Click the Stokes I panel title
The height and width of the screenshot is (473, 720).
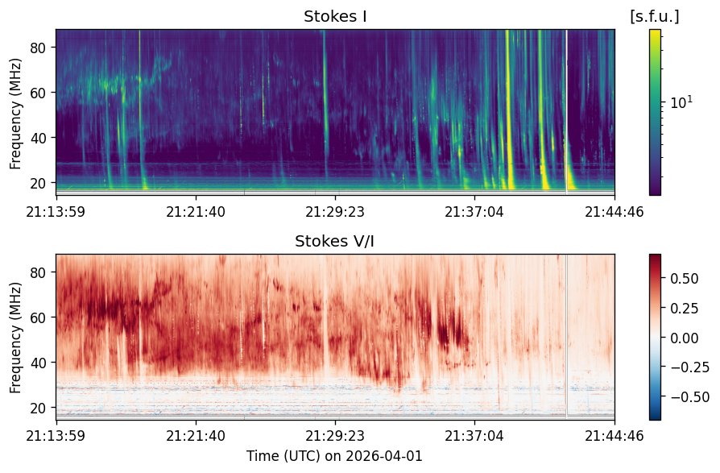pos(335,17)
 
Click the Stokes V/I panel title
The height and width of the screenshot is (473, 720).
pos(334,242)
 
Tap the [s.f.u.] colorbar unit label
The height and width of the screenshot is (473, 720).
pos(654,17)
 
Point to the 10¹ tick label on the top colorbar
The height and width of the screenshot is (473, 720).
pos(681,102)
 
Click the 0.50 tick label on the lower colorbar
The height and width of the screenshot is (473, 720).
pos(685,279)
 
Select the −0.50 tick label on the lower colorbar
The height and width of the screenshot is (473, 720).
pos(690,396)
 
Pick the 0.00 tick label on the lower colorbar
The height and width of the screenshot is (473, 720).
pos(685,338)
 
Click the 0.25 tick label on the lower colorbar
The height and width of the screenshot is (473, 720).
pos(685,308)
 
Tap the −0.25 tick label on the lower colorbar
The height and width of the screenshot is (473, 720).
pos(690,367)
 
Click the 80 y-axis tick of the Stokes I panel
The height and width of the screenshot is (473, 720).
pos(38,48)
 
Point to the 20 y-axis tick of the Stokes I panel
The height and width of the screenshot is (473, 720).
pos(38,183)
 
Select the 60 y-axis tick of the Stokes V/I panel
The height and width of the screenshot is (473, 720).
pos(38,317)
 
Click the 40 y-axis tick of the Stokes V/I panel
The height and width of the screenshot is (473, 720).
pos(38,363)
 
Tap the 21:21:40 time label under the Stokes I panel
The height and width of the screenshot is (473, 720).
pos(196,212)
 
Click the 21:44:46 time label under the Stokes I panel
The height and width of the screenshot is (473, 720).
pos(614,212)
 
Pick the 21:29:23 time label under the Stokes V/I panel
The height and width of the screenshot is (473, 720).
pos(335,435)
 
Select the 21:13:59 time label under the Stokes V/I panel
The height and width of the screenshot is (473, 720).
pos(56,435)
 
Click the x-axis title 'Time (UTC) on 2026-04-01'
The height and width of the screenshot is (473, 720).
pos(334,456)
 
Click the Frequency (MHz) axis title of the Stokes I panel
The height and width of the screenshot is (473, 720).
pos(15,114)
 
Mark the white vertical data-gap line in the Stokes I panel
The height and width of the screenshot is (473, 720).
pos(567,111)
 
